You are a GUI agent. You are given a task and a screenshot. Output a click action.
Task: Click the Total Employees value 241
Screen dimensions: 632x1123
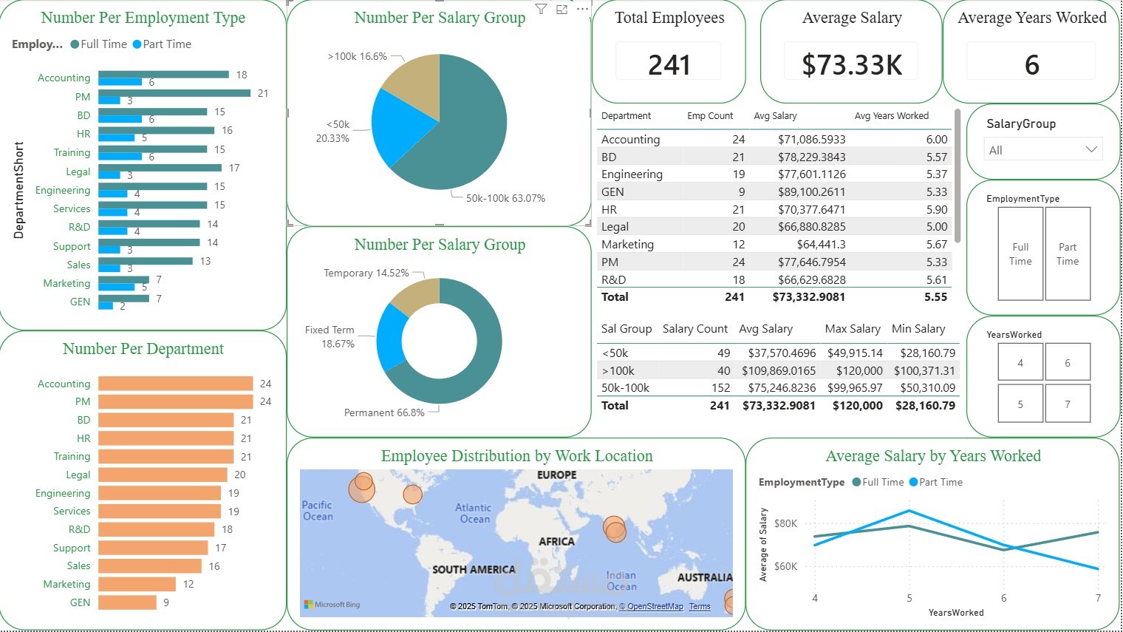coord(669,65)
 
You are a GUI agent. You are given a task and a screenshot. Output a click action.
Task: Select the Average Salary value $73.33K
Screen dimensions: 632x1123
coord(852,65)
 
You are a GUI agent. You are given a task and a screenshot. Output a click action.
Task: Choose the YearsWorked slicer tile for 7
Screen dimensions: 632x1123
coord(1068,404)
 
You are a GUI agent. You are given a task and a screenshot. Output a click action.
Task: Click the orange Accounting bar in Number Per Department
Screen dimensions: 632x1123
coord(175,384)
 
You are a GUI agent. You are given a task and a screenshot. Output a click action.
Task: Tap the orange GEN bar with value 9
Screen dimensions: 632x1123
coord(127,602)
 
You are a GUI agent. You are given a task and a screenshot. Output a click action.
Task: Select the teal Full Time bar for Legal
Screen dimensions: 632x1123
coord(160,168)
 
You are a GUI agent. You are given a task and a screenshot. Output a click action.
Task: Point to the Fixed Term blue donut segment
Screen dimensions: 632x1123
coord(388,336)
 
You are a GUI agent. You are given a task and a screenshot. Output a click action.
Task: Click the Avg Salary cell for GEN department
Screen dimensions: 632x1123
coord(811,192)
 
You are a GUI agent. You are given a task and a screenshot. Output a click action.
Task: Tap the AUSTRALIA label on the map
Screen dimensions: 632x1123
coord(704,577)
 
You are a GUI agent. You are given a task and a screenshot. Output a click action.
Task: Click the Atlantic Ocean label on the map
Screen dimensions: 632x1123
coord(473,513)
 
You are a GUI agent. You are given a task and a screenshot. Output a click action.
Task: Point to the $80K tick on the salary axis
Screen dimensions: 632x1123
coord(785,523)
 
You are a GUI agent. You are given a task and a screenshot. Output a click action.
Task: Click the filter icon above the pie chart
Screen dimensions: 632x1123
coord(541,10)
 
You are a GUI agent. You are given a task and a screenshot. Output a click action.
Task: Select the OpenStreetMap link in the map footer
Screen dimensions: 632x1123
coord(655,607)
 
